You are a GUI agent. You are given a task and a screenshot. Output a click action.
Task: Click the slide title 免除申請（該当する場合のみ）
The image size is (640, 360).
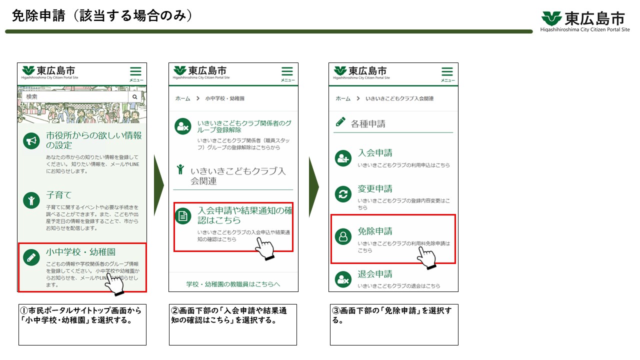(102, 16)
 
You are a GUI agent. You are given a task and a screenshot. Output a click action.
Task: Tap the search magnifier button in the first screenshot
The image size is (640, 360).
(134, 96)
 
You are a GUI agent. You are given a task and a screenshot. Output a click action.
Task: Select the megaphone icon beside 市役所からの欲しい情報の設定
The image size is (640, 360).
(31, 141)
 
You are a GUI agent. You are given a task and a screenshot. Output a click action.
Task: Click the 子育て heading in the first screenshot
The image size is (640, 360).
(59, 195)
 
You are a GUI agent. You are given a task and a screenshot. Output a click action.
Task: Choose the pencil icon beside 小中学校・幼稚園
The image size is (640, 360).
(31, 257)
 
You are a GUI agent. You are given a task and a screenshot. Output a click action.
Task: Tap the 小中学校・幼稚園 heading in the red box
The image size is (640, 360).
(80, 252)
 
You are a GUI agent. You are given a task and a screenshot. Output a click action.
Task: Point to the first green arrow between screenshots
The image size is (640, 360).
(158, 187)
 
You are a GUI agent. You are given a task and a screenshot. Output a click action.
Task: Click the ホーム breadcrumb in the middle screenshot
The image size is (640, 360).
(182, 98)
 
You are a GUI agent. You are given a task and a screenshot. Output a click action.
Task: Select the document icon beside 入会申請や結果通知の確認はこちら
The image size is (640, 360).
(183, 216)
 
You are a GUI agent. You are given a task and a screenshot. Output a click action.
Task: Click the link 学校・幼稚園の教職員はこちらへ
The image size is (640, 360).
(233, 284)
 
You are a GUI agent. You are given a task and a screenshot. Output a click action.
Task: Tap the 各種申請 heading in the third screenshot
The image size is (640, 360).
(368, 123)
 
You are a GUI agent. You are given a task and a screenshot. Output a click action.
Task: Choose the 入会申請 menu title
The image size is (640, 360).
(375, 153)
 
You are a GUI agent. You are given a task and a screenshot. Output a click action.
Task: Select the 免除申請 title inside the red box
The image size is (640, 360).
(375, 231)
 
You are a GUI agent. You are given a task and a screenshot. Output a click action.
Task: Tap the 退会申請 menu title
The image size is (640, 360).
(375, 274)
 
